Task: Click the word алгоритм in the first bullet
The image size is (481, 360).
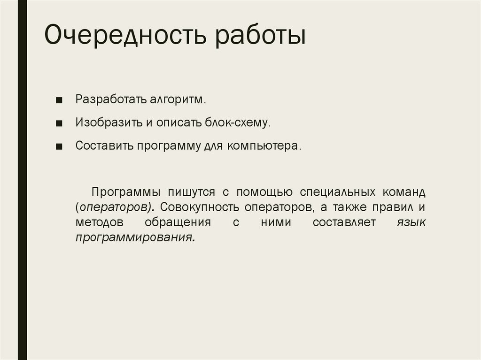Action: [178, 100]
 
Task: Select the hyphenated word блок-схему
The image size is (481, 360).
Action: [237, 123]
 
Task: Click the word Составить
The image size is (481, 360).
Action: [104, 146]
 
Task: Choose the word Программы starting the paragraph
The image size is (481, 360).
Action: [121, 193]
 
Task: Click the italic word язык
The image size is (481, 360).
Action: [411, 223]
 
